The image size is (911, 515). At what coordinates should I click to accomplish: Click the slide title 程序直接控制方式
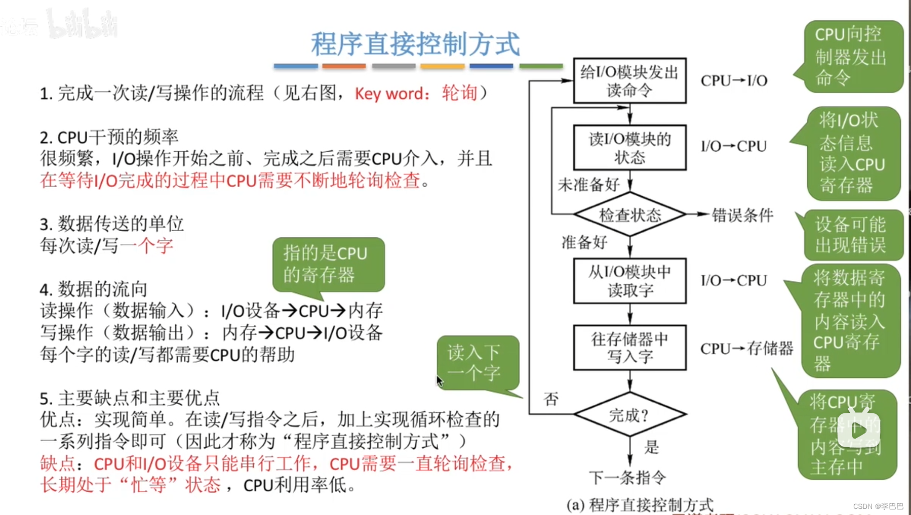[415, 44]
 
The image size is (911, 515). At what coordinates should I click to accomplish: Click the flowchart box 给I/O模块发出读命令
[629, 81]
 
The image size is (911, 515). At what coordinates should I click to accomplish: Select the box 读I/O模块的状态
[629, 147]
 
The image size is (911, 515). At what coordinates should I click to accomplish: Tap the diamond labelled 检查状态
[630, 215]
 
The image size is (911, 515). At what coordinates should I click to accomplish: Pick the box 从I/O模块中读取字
[629, 281]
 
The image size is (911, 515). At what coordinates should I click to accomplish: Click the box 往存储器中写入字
[629, 348]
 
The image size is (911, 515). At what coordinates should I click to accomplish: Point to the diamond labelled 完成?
[629, 415]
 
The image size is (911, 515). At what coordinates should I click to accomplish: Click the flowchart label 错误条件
[742, 215]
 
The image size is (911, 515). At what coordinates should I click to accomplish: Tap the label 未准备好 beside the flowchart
[588, 185]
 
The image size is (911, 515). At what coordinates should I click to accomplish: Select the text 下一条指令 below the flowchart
[627, 477]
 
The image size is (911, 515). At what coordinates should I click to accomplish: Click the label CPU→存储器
[746, 348]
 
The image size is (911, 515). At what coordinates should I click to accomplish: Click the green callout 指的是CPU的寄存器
[328, 264]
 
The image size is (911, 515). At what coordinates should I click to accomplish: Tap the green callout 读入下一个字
[478, 363]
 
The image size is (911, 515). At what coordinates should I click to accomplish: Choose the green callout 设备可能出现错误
[851, 235]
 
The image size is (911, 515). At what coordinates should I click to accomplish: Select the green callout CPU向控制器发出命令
[852, 56]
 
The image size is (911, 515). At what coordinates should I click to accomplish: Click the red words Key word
[389, 94]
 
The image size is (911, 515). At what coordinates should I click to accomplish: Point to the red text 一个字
[147, 246]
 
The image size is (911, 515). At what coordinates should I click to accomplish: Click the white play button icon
[858, 430]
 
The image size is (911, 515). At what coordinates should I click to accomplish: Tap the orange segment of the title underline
[344, 66]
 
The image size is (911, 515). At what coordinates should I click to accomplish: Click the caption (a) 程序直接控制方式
[640, 504]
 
